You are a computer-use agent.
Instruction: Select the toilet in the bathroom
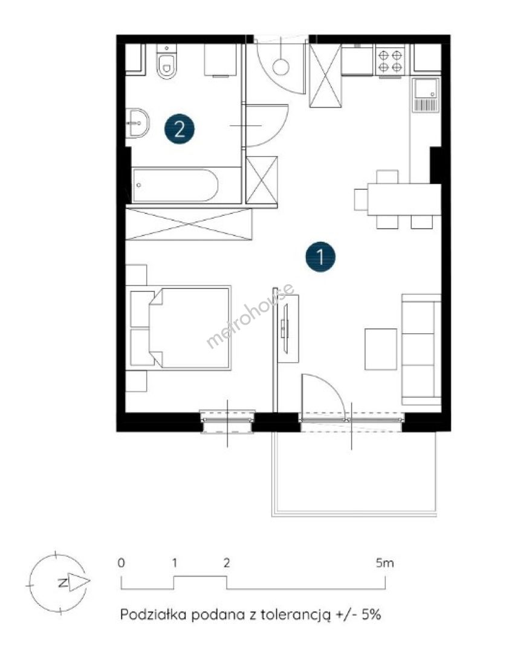pyautogui.click(x=167, y=61)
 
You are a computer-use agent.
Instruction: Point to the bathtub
pyautogui.click(x=175, y=186)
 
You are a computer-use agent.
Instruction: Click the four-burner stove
pyautogui.click(x=390, y=61)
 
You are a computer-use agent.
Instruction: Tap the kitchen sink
pyautogui.click(x=425, y=95)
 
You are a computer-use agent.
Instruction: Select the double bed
pyautogui.click(x=180, y=328)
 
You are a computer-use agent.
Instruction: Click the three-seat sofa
pyautogui.click(x=421, y=349)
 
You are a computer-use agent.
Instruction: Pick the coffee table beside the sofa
pyautogui.click(x=381, y=349)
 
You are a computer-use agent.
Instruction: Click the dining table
pyautogui.click(x=404, y=200)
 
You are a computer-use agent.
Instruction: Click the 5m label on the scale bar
pyautogui.click(x=384, y=563)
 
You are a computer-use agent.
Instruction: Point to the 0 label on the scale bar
pyautogui.click(x=121, y=563)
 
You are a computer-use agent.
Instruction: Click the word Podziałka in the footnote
pyautogui.click(x=152, y=614)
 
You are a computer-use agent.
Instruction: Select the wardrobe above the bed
pyautogui.click(x=189, y=224)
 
